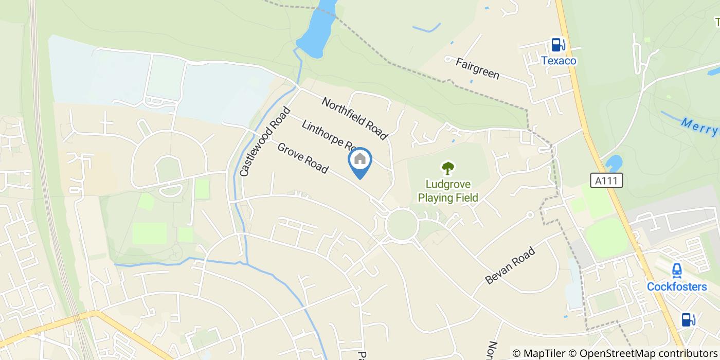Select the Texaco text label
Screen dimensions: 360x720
pyautogui.click(x=558, y=61)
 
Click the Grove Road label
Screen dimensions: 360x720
pyautogui.click(x=302, y=158)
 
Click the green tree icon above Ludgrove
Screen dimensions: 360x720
pyautogui.click(x=448, y=168)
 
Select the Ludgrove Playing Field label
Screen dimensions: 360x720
pyautogui.click(x=448, y=190)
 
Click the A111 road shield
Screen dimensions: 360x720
pyautogui.click(x=606, y=181)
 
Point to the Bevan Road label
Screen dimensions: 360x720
pyautogui.click(x=510, y=265)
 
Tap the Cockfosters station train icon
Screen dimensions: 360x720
pyautogui.click(x=677, y=270)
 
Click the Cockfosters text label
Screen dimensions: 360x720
pyautogui.click(x=677, y=286)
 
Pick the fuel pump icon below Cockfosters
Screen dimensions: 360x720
pyautogui.click(x=688, y=319)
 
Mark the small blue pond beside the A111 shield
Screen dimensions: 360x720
pyautogui.click(x=614, y=164)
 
